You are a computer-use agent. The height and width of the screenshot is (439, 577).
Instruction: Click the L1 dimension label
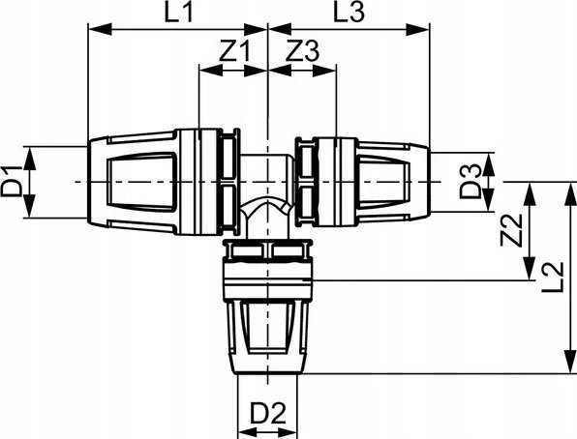coord(178,13)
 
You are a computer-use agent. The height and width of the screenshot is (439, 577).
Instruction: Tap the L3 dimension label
coord(349,12)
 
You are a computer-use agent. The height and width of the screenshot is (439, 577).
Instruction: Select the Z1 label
coord(234,51)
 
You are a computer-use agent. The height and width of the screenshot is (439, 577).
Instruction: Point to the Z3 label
coord(303,51)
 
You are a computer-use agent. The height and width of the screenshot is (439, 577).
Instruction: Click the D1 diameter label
coord(13,182)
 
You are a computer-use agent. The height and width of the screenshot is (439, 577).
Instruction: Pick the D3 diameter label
coord(471,182)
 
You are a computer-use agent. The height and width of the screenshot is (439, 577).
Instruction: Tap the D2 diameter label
coord(268,413)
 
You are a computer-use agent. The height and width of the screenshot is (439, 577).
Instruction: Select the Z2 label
coord(512,230)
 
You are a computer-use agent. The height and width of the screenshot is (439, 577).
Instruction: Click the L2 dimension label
coord(553,277)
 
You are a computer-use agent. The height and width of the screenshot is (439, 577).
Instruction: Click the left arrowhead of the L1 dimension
coord(100,29)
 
